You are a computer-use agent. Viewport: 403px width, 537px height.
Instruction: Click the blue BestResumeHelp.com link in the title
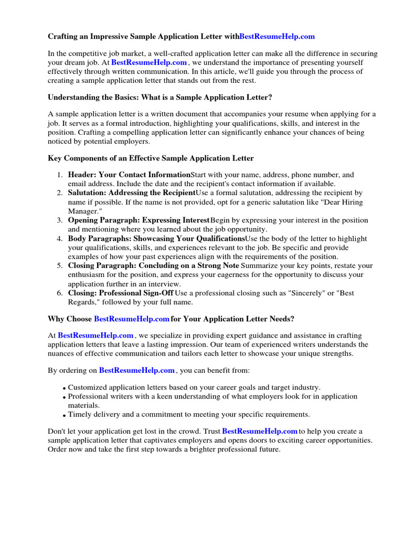point(277,37)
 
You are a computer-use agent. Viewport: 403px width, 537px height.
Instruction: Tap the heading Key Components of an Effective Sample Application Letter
point(151,158)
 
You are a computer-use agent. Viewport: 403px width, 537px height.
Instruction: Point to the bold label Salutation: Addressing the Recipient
point(131,193)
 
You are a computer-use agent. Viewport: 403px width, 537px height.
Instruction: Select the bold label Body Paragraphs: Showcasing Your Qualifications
point(156,239)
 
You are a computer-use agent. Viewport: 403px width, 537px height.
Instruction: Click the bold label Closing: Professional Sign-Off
point(121,293)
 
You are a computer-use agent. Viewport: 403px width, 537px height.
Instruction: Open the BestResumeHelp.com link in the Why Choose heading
point(131,319)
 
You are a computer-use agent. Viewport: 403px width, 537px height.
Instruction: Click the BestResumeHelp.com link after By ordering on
point(136,370)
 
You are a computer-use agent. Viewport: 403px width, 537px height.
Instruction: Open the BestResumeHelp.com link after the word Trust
point(260,431)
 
